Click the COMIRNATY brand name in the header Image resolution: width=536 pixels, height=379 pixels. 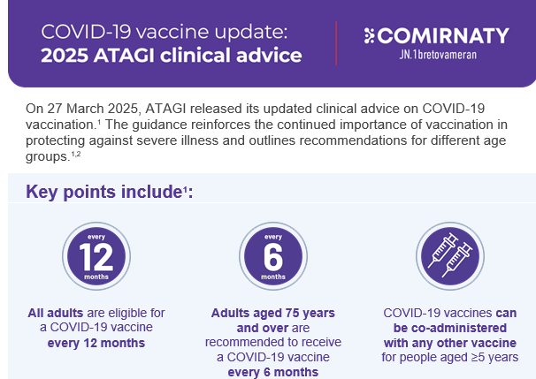(x=444, y=35)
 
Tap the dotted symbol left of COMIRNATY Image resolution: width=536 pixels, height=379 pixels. (x=369, y=35)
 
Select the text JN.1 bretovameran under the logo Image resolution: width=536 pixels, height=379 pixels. (x=438, y=55)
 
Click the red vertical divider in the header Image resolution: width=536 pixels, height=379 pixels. (x=336, y=43)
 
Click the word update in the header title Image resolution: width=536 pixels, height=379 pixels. (x=251, y=33)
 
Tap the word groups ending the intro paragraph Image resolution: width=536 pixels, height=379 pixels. (x=48, y=156)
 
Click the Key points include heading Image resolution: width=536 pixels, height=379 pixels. (x=110, y=192)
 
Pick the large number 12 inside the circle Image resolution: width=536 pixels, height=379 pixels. (x=96, y=257)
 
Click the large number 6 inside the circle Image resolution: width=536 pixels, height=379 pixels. (x=273, y=257)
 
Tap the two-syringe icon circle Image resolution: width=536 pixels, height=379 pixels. (x=450, y=256)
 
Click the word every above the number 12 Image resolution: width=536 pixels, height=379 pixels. (x=96, y=237)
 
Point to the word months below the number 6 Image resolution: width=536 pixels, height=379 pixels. (x=273, y=277)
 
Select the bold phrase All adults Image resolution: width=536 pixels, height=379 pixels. (x=56, y=313)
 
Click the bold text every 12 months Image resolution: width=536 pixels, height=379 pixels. (x=96, y=343)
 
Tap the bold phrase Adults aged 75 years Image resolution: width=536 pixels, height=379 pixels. (x=273, y=313)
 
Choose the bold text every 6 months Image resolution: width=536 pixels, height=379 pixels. (x=273, y=372)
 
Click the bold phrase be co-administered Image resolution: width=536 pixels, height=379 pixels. (x=450, y=328)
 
